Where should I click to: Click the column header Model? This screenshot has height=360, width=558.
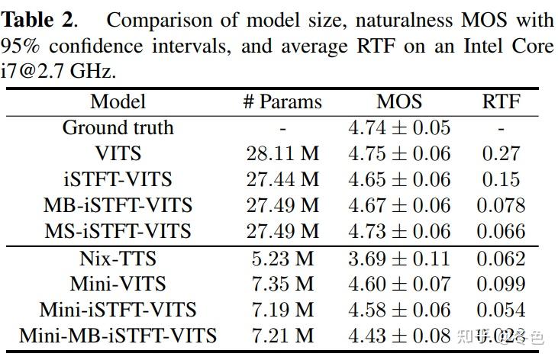(x=118, y=101)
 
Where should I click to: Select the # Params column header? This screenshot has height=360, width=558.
(x=282, y=101)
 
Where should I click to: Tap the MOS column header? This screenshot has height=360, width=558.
(x=398, y=101)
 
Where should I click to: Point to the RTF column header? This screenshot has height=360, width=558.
(x=501, y=101)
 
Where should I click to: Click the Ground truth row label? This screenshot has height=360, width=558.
(x=118, y=127)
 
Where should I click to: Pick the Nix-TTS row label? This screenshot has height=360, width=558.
(x=118, y=259)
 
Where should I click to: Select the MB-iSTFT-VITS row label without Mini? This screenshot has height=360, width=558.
(x=118, y=205)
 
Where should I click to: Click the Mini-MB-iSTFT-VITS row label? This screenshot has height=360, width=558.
(x=118, y=335)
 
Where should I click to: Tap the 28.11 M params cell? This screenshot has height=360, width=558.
(x=282, y=153)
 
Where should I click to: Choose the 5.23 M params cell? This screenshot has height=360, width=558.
(x=282, y=259)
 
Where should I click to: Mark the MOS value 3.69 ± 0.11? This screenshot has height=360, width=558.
(x=398, y=259)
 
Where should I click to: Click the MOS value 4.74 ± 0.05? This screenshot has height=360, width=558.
(x=398, y=127)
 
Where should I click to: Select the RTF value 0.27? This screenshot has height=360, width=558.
(x=501, y=153)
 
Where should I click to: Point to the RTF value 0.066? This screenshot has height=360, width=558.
(x=501, y=231)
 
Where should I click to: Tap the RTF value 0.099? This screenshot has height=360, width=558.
(x=501, y=284)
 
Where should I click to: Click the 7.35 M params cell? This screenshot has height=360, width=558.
(x=282, y=284)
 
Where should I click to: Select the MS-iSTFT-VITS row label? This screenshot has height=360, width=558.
(x=118, y=231)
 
